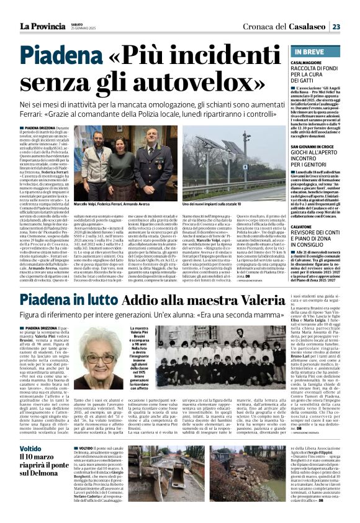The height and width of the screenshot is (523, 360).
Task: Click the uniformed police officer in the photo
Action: tap(153, 162)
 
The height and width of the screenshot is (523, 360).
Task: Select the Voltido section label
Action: tap(30, 448)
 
